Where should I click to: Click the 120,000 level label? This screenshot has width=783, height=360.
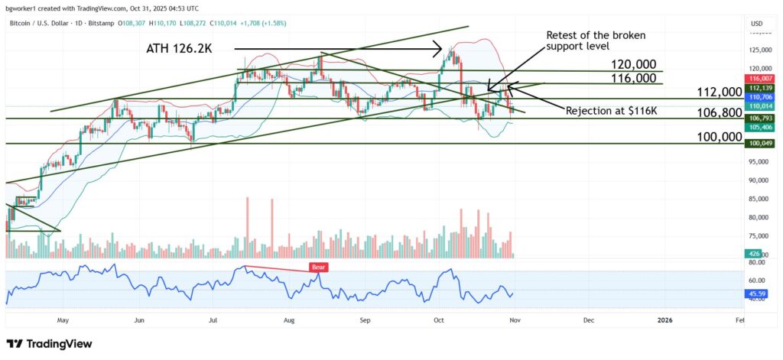(633, 64)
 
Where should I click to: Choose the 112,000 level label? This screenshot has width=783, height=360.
(719, 92)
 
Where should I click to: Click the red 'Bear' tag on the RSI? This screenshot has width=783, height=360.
(318, 268)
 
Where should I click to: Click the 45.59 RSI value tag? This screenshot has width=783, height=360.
(756, 293)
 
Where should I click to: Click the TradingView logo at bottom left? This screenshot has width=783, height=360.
(49, 345)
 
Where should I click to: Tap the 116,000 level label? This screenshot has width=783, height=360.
(633, 78)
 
